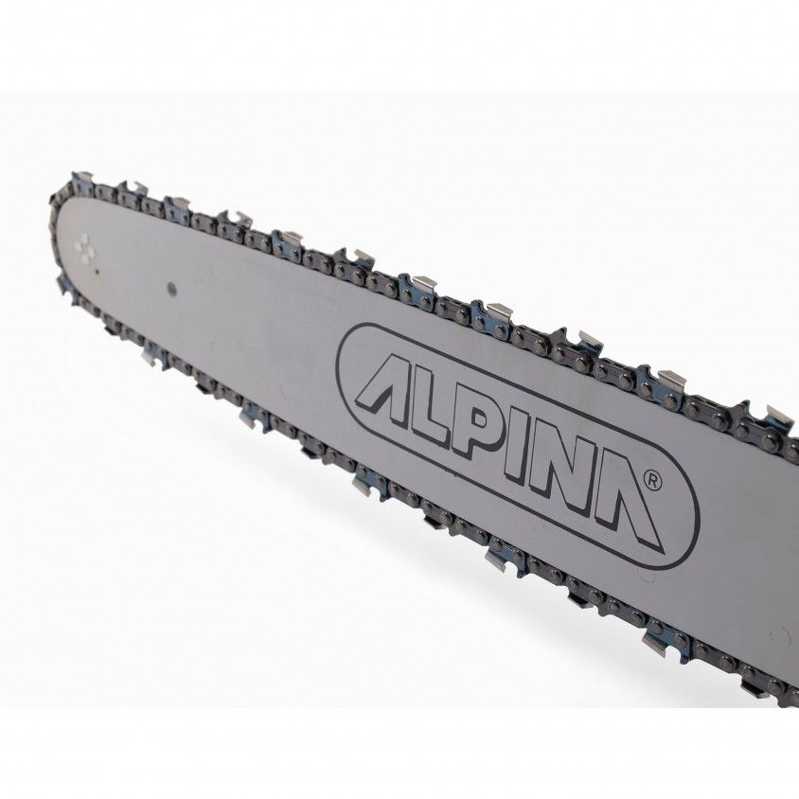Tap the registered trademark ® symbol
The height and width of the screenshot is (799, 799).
653,481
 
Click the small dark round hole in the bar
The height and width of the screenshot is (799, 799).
171,289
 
